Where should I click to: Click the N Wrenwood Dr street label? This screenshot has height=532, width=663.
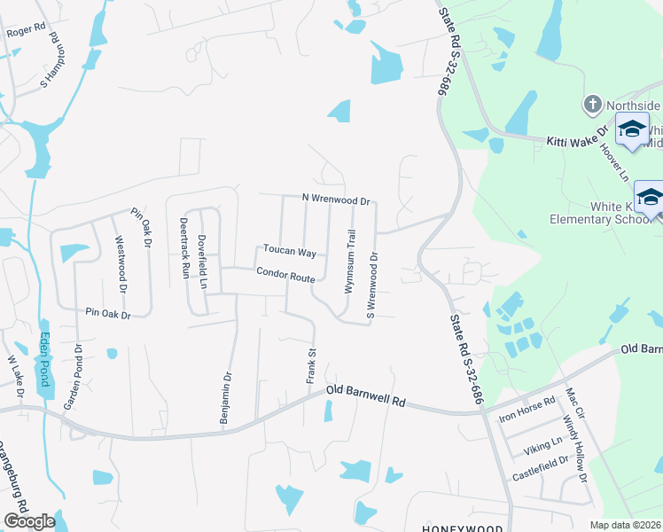point(335,199)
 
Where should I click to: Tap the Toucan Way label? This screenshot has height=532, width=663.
point(288,252)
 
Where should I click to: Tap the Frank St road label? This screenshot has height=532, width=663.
point(312,366)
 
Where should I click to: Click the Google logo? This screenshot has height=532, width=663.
point(29,521)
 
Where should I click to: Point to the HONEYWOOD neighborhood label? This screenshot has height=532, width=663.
point(456,528)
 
